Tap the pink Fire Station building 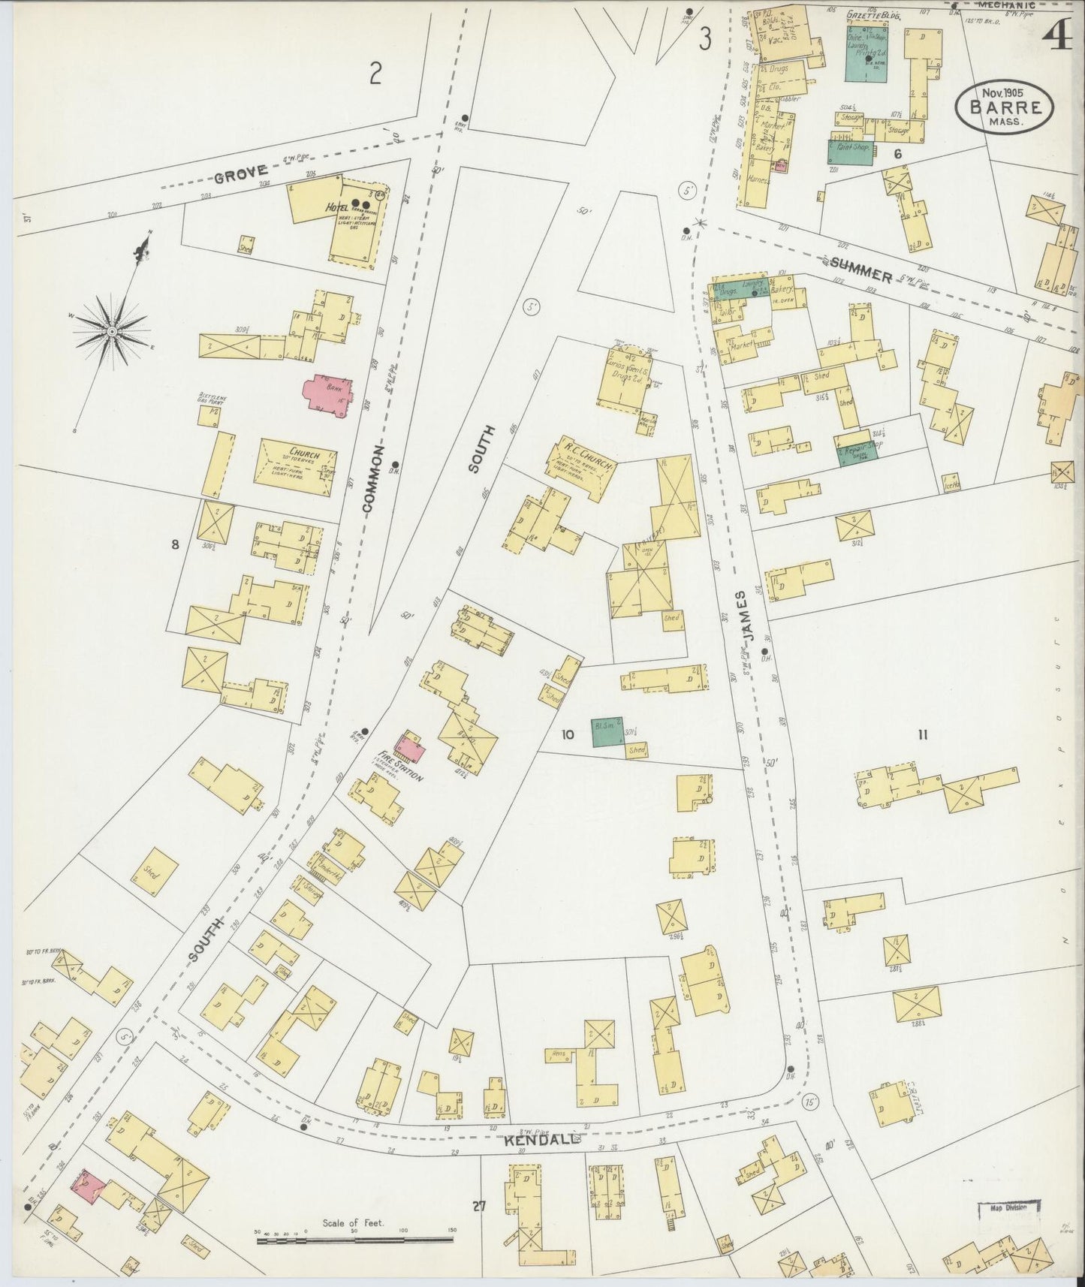(x=409, y=747)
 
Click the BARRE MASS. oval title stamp (x=1004, y=107)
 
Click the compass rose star (x=111, y=331)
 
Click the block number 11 (x=922, y=735)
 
